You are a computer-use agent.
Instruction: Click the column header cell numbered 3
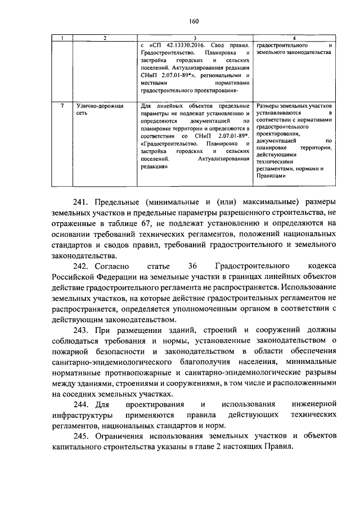point(195,38)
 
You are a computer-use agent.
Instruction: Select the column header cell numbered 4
point(295,38)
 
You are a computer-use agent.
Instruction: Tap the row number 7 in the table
point(69,106)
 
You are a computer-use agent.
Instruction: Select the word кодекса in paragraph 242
point(319,265)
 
